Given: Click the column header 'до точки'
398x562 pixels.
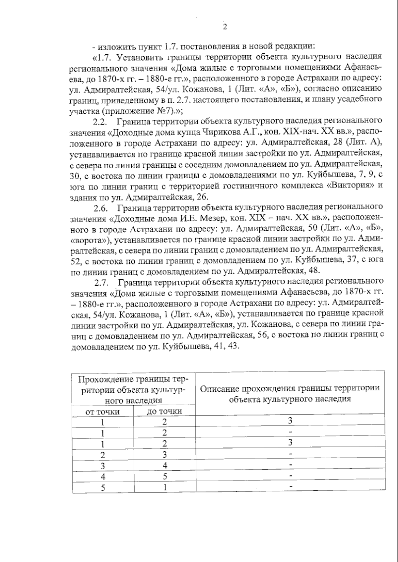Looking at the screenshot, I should [164, 412].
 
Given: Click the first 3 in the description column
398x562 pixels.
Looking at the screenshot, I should [290, 421].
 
